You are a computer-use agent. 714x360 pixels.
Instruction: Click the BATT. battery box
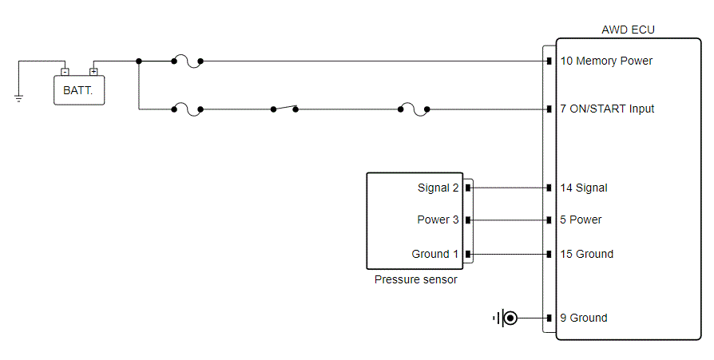tap(79, 90)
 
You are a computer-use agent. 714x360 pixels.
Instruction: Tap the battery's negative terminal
tap(65, 72)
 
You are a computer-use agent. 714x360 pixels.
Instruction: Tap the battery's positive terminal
tap(93, 72)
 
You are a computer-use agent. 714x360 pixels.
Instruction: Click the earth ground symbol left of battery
tap(18, 98)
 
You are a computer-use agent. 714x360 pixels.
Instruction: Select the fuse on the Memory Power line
tap(187, 61)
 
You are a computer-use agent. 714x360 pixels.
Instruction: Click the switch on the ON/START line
tap(284, 109)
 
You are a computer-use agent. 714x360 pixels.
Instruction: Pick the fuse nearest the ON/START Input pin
tap(414, 109)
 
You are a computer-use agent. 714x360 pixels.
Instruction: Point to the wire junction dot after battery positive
tap(139, 61)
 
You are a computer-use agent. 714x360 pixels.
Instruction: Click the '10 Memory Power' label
tap(606, 61)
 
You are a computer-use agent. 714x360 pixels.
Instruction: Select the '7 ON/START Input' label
tap(607, 109)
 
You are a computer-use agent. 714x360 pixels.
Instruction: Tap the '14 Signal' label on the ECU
tap(584, 188)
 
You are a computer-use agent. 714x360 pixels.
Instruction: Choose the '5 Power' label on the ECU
tap(581, 220)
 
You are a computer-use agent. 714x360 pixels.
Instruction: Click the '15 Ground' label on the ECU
tap(586, 254)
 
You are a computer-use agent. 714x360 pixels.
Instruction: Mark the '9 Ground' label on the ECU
tap(583, 318)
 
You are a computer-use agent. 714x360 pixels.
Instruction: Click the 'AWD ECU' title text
tap(628, 30)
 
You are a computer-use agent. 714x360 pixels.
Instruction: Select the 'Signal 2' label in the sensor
tap(438, 188)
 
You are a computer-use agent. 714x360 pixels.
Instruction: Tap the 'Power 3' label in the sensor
tap(438, 220)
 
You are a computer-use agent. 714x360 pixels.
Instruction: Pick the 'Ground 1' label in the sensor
tap(434, 254)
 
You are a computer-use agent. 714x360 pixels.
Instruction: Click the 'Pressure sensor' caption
tap(416, 279)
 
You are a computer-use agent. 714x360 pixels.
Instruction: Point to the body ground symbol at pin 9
tap(506, 318)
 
